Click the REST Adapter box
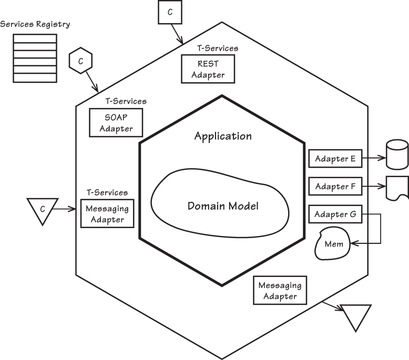pos(208,69)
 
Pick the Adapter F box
pos(335,186)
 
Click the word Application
pos(223,136)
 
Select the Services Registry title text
pos(35,24)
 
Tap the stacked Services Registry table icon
pos(35,58)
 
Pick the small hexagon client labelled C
pos(80,61)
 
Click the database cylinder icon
pos(397,155)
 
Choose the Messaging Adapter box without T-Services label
pos(280,291)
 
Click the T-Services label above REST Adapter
pos(218,48)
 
